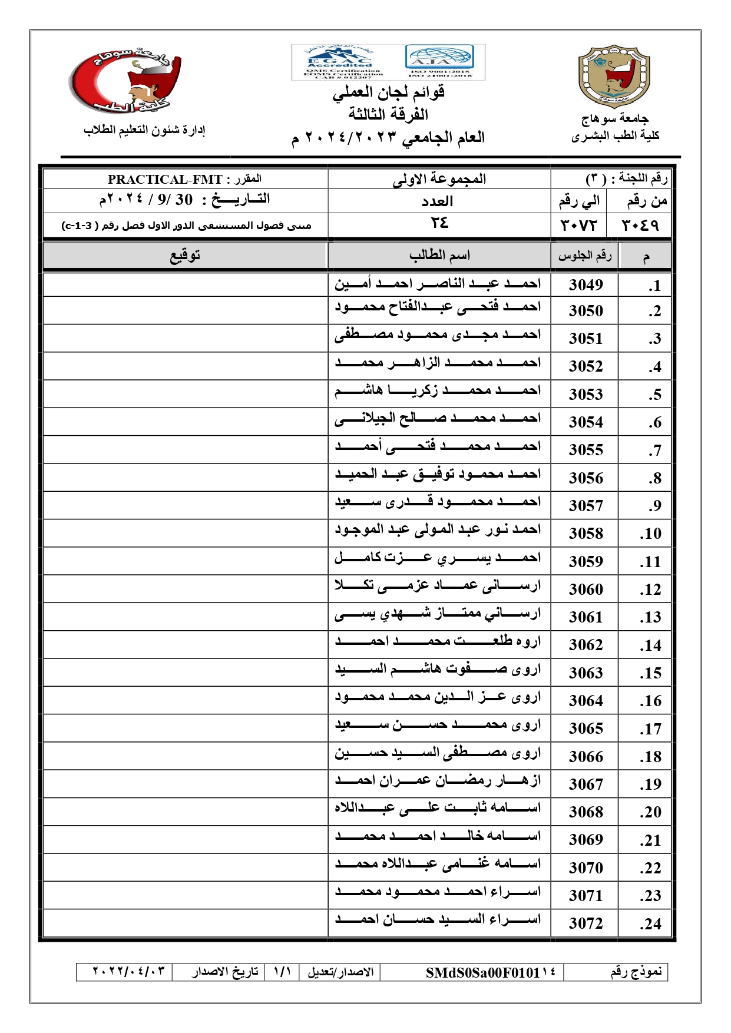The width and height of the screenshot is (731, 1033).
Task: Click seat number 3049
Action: coord(586,285)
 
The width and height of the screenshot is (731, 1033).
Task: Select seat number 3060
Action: coord(586,590)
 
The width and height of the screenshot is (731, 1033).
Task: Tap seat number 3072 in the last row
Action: coord(586,923)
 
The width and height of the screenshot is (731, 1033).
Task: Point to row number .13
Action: coord(650,617)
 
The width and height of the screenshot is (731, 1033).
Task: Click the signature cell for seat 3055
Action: coord(185,449)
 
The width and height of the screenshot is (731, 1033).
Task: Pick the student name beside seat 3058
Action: coord(438,530)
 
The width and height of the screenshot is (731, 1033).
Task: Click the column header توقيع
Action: coord(185,256)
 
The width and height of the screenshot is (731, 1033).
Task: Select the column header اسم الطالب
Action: coord(439,256)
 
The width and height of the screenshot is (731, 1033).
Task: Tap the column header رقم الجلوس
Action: coord(584,256)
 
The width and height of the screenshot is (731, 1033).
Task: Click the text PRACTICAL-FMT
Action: coord(165,180)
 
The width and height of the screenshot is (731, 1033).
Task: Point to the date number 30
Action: coord(184,200)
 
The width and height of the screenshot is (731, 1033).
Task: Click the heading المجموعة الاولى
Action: coord(439,179)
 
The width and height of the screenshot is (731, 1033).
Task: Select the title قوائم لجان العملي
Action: coord(389,92)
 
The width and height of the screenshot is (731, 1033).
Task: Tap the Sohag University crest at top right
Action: coord(614,77)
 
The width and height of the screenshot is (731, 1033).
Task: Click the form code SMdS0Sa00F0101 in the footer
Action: coord(483,972)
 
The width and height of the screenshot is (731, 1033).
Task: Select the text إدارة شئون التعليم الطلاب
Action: coord(144,130)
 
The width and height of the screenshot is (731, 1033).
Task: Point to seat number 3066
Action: coord(586,757)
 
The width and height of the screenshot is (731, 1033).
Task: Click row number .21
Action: coord(650,840)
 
